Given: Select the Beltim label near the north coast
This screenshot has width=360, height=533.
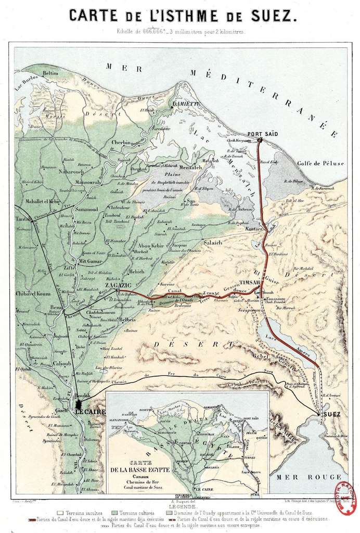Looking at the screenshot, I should coord(50,73).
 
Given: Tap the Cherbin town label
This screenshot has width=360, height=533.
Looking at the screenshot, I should coord(121,142).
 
